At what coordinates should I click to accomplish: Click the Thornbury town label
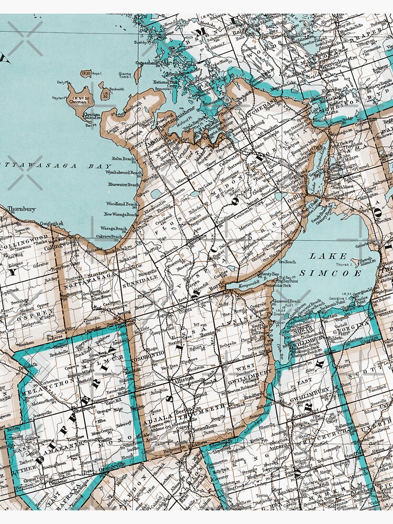[21, 209]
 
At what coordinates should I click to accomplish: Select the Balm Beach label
[123, 158]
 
